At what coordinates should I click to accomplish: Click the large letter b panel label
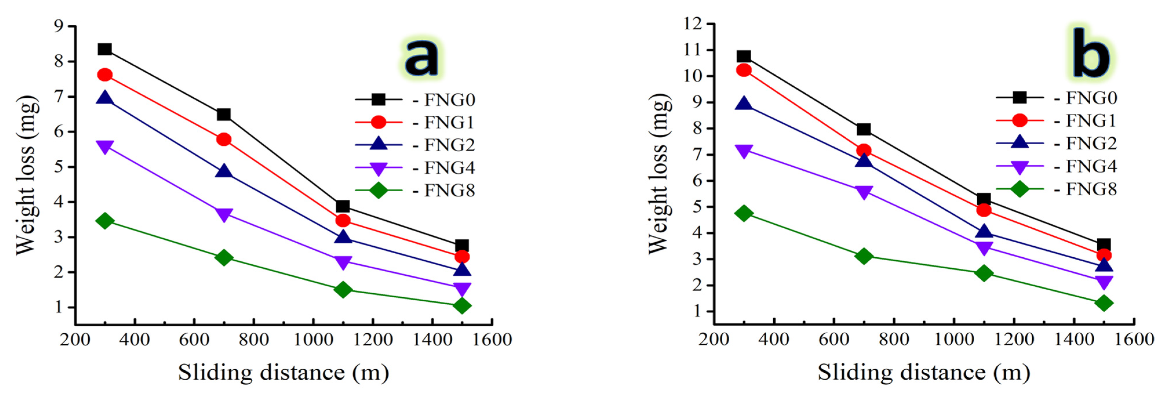(1091, 53)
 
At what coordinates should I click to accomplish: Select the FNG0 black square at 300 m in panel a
(105, 49)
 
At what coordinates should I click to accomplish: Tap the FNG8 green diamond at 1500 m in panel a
(462, 306)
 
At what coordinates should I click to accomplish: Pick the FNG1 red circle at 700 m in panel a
(224, 139)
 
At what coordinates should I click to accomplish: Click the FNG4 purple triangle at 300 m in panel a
(105, 147)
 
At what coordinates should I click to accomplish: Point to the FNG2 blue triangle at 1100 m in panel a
(343, 237)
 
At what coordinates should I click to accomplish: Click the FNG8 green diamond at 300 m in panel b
(744, 213)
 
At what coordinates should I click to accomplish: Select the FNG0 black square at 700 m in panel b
(863, 130)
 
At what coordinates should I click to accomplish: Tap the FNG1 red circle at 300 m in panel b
(744, 70)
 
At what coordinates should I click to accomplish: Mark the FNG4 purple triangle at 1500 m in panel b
(1104, 282)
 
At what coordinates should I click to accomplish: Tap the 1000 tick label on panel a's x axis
(313, 339)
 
